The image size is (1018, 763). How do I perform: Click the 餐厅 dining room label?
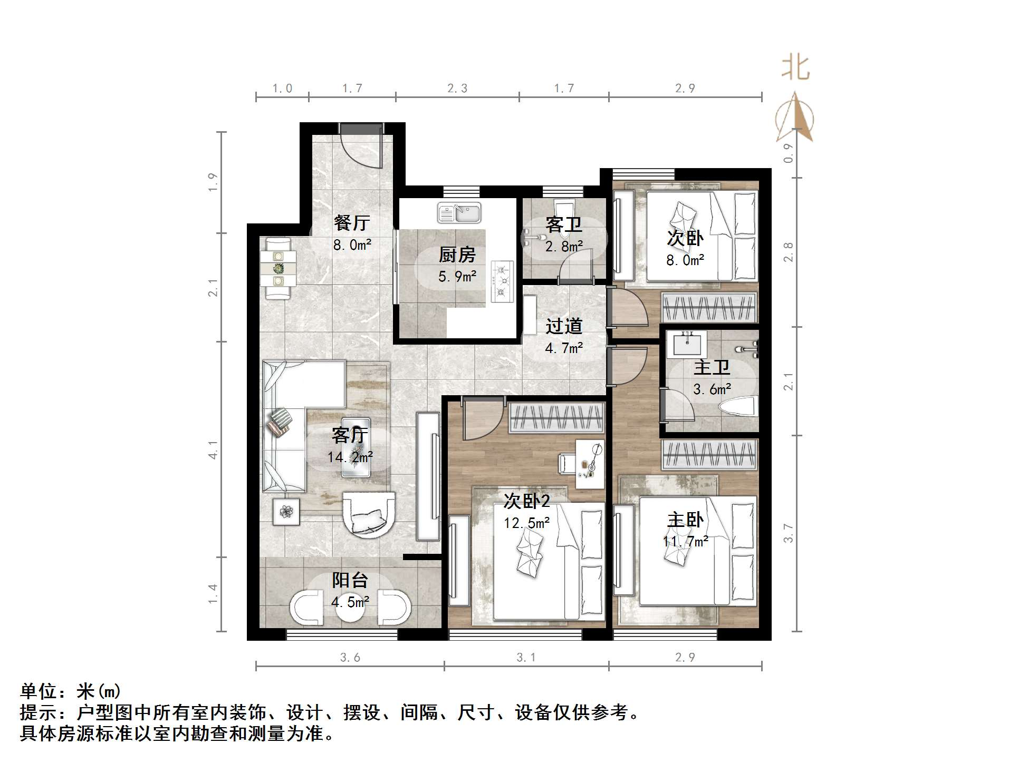point(352,223)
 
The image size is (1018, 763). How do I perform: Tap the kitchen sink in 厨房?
point(459,213)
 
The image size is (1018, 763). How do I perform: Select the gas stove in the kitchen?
point(502,281)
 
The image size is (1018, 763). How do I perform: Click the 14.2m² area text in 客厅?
point(350,457)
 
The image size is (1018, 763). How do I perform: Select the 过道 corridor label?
point(563,326)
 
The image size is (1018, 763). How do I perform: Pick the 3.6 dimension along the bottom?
point(350,657)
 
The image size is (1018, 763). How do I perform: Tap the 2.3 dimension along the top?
point(457,89)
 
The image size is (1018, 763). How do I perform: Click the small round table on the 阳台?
point(350,609)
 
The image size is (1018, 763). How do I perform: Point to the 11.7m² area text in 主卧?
point(685,541)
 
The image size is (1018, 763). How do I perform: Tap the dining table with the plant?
point(278,269)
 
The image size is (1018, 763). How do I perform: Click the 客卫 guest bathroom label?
point(564,225)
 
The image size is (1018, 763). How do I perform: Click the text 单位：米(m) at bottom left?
point(71,691)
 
